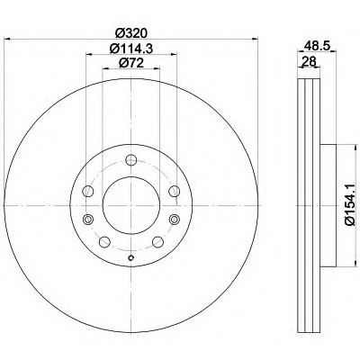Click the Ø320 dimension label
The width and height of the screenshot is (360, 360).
pos(131,32)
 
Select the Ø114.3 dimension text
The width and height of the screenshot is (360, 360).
pos(131,49)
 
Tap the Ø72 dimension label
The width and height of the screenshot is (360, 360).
pos(131,63)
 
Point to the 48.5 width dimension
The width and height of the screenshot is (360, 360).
pos(317,46)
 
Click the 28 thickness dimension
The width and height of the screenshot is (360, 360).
pos(309,62)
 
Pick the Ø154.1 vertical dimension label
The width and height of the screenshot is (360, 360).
pos(350,205)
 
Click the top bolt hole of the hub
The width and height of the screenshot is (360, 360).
pos(131,160)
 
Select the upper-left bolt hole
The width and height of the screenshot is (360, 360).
pos(88,191)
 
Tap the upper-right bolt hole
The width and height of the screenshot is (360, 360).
pos(174,191)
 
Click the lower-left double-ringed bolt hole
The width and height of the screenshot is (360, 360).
pos(88,220)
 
